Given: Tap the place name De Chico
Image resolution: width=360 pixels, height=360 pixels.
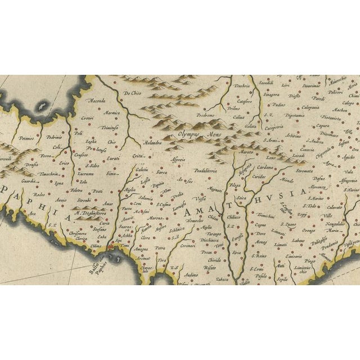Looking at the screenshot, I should (x=133, y=93).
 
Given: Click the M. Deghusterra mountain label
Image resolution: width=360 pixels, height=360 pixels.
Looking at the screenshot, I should (x=94, y=214).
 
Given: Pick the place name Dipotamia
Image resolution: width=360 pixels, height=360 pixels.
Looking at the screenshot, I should (x=295, y=115).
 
